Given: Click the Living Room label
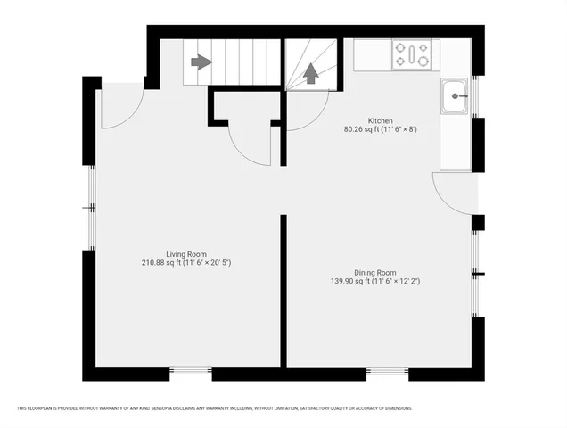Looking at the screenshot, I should pos(186,254).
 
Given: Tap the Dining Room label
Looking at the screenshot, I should pos(374,273).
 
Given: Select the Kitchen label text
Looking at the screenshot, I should pos(381,120).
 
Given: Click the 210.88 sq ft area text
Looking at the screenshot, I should pos(186,263).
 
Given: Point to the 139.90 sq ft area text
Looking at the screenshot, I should pos(374,282).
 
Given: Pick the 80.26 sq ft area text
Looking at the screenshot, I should pos(381,129).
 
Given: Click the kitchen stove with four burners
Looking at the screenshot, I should pos(413,54).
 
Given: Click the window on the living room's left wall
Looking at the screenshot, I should pos(91,207).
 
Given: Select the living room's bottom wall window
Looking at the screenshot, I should pos(190,372).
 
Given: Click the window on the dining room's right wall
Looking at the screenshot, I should pos(477,273).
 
